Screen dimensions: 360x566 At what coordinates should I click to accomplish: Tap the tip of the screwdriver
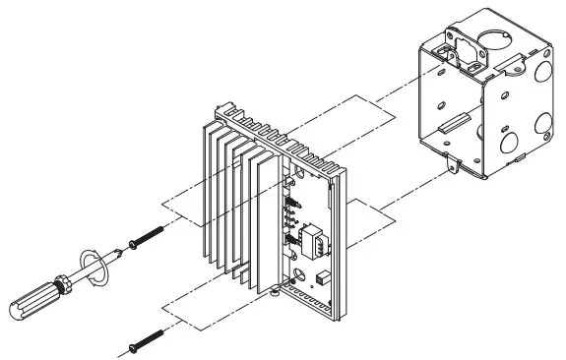point(128,243)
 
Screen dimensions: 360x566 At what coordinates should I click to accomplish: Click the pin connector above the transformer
point(292,212)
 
